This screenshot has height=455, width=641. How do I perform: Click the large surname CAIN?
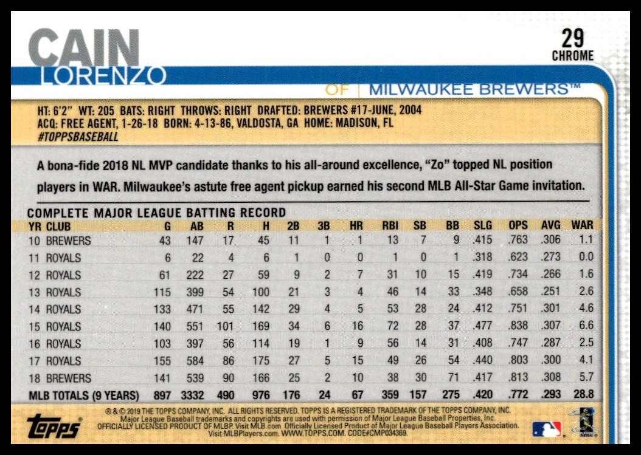[84, 47]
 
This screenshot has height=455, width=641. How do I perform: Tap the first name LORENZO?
[102, 76]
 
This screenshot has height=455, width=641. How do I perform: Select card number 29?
[572, 39]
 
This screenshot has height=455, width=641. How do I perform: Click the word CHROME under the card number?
[572, 56]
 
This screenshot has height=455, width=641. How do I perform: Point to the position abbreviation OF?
[337, 89]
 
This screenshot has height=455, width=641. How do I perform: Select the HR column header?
[356, 226]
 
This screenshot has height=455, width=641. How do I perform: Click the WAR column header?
[582, 225]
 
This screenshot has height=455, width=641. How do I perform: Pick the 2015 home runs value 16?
[357, 326]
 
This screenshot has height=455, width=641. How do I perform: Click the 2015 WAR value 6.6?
[586, 326]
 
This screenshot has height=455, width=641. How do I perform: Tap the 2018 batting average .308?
[550, 377]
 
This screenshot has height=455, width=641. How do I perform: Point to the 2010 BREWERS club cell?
[68, 241]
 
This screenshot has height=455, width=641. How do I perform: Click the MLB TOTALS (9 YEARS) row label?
[84, 395]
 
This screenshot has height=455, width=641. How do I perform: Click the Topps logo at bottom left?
[54, 426]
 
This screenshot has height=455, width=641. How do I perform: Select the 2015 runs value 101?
[224, 326]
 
